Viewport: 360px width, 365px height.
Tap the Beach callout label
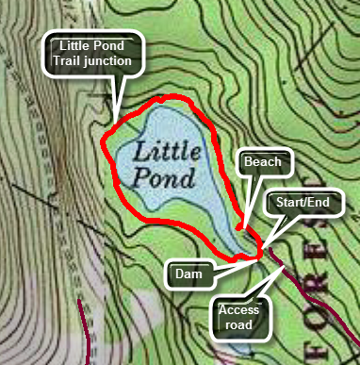(x=263, y=162)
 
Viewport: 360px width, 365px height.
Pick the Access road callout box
(x=237, y=316)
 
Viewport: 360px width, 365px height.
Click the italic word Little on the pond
(x=168, y=150)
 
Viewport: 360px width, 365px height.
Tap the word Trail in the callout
(x=74, y=62)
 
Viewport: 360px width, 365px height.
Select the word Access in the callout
(x=237, y=308)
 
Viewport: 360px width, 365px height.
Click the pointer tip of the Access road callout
(x=286, y=266)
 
